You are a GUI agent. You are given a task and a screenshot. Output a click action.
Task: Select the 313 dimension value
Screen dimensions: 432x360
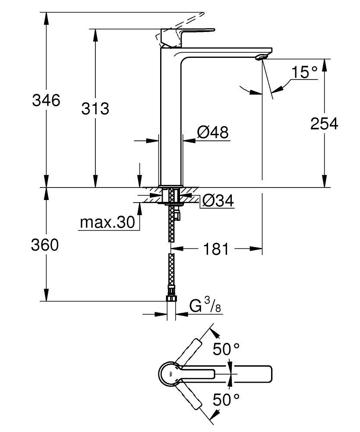click(x=95, y=108)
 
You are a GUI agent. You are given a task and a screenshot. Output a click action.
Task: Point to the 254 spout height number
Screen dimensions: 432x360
click(x=324, y=124)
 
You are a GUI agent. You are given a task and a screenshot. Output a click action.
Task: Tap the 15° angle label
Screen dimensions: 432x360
click(x=303, y=72)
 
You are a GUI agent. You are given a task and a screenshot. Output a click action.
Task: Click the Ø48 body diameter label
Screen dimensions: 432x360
click(x=212, y=133)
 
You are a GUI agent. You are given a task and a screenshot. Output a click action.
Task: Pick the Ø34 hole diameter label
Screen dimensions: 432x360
click(x=217, y=200)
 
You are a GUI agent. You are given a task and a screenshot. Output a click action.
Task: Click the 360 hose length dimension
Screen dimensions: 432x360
click(x=44, y=245)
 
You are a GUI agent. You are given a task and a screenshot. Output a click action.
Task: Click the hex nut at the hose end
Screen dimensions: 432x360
click(x=171, y=299)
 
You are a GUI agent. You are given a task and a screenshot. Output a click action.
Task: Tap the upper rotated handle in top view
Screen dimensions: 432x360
click(x=192, y=349)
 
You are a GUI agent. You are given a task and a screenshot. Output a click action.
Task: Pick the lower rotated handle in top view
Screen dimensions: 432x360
click(x=193, y=398)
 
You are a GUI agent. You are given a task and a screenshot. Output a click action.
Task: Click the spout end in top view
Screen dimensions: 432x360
click(x=263, y=374)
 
